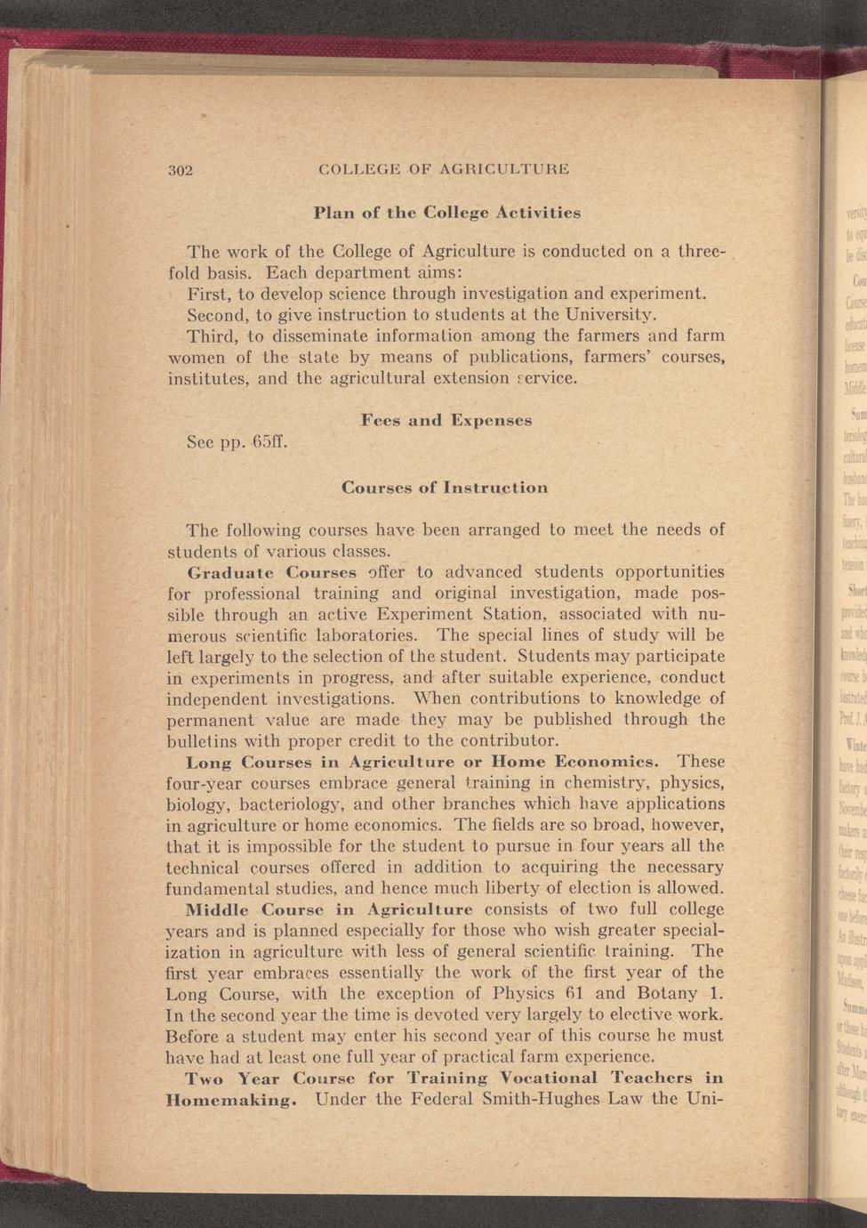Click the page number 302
[x=181, y=169]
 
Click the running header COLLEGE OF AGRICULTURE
[x=444, y=168]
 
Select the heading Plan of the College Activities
[x=447, y=213]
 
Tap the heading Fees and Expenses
[x=446, y=419]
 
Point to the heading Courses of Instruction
[x=445, y=488]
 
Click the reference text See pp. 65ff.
[x=229, y=441]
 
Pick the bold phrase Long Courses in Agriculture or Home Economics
[x=423, y=763]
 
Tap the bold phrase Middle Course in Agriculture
[x=328, y=909]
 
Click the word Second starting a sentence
[x=217, y=315]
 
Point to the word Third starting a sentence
[x=211, y=336]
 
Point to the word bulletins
[x=200, y=740]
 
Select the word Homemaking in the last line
[x=229, y=1100]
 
